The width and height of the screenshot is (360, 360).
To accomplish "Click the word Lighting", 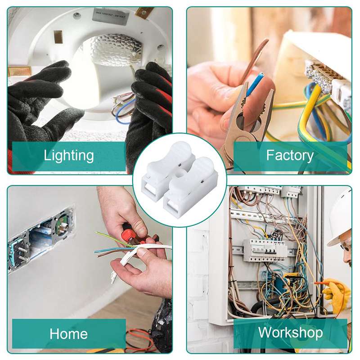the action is [69, 156].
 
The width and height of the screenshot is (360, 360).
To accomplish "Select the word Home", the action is [69, 333].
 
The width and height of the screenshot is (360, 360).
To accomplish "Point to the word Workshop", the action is [290, 333].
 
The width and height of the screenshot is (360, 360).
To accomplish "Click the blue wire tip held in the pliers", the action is [255, 83].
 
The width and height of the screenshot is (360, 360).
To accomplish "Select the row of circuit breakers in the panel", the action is [264, 251].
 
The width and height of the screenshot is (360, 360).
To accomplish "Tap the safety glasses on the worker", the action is [346, 244].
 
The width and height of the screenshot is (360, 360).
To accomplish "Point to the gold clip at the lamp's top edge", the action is [144, 12].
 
